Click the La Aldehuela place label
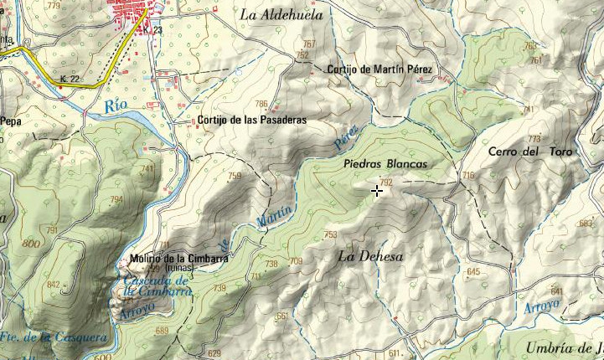point(281,15)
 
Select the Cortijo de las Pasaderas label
point(251,120)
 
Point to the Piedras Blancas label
point(385,165)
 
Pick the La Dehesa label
point(370,256)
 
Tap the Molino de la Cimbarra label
point(179,259)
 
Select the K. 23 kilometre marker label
point(151,30)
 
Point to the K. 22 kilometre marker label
point(70,79)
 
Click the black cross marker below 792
point(377,192)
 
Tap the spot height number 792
point(385,182)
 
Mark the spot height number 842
point(54,285)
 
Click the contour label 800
point(31,244)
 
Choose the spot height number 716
point(467,176)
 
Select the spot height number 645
point(473,272)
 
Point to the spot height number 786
point(261,105)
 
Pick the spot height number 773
point(534,139)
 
